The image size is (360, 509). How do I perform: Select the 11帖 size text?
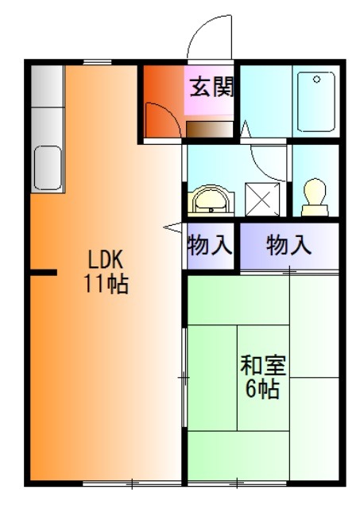click(106, 284)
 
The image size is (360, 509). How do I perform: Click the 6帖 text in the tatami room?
click(263, 390)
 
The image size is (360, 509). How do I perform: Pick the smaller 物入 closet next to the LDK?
click(210, 246)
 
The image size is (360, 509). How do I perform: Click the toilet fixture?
click(314, 195)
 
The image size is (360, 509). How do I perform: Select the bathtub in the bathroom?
click(316, 103)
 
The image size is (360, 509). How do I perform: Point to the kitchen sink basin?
click(48, 167)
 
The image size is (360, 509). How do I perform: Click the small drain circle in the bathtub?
click(316, 80)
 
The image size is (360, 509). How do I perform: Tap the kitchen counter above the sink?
click(48, 103)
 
